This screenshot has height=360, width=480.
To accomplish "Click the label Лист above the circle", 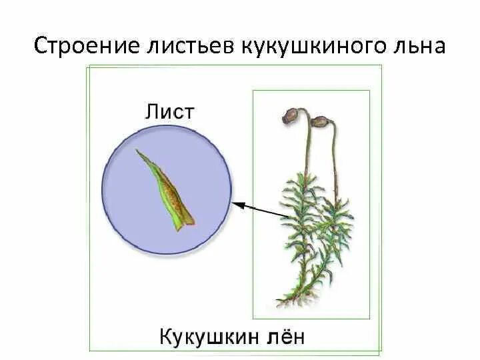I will [x=169, y=111].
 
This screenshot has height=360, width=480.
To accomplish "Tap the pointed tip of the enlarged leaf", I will [x=138, y=152].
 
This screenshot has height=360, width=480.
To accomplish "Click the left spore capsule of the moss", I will [x=292, y=116].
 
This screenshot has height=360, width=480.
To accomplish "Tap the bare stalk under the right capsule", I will [x=333, y=160].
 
